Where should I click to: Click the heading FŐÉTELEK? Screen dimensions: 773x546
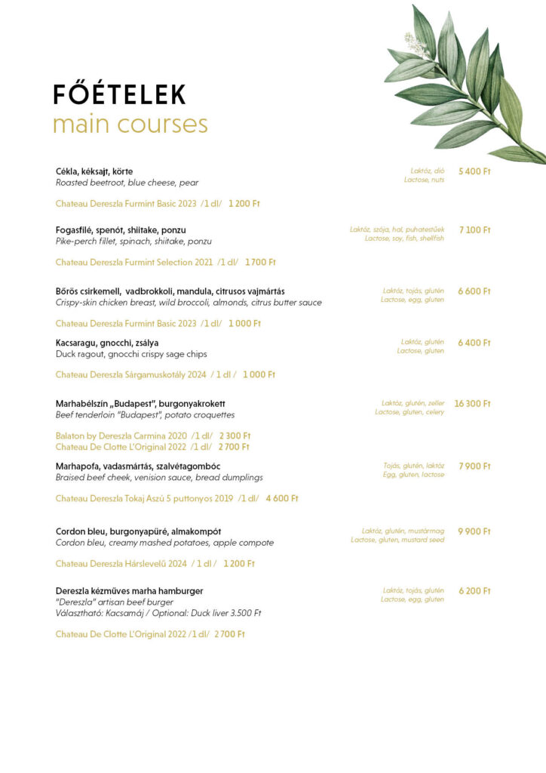click(118, 94)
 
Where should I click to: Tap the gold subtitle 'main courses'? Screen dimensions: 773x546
click(130, 124)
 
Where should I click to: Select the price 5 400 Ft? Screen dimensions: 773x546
click(474, 171)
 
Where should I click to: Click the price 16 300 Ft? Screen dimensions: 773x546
click(472, 404)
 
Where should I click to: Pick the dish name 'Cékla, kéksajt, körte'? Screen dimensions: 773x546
click(94, 171)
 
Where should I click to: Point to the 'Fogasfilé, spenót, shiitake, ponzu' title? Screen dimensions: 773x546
click(121, 229)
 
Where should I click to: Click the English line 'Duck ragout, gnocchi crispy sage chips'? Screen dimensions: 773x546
click(131, 354)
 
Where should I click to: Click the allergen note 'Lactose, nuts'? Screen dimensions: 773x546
click(424, 180)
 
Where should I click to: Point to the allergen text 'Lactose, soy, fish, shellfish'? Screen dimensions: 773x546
click(404, 239)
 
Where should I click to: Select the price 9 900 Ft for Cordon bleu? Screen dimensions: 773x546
click(474, 531)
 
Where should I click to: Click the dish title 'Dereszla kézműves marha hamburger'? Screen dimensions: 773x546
click(129, 590)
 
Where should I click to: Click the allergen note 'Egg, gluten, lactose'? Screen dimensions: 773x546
click(413, 475)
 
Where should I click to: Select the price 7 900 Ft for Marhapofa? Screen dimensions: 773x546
click(474, 466)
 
